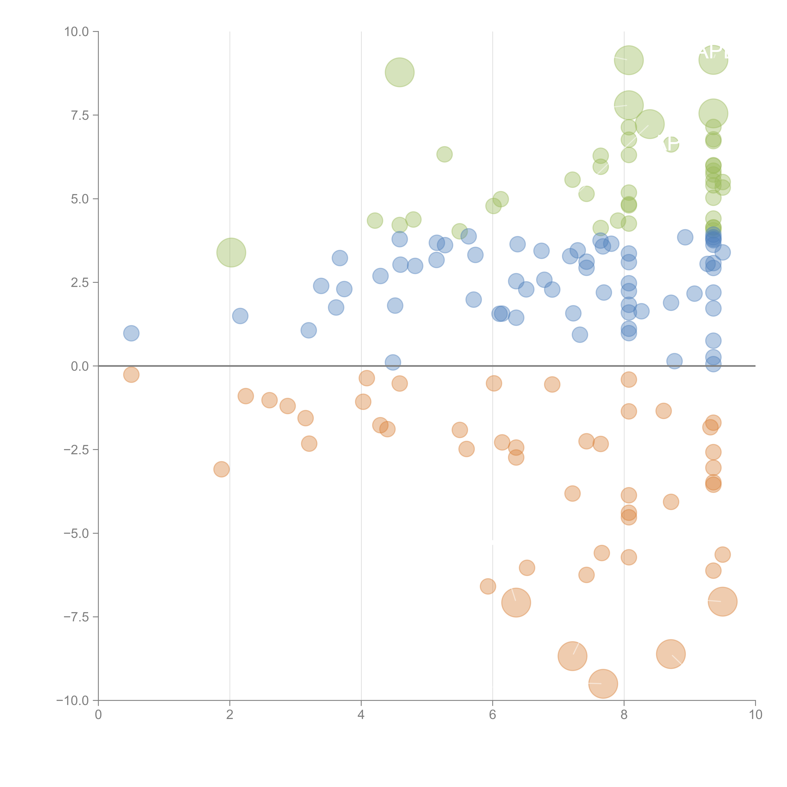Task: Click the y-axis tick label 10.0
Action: coord(77,32)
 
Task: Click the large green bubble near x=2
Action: coord(231,253)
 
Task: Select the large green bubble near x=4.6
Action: coord(400,73)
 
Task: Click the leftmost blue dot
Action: coord(131,333)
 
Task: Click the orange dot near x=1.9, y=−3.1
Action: coord(221,469)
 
